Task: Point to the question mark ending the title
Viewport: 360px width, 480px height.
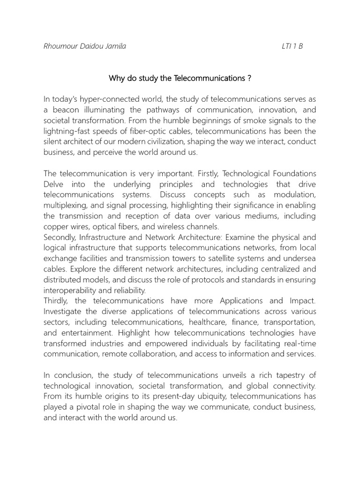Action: tap(249, 78)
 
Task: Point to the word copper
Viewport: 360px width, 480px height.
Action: tap(55, 226)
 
